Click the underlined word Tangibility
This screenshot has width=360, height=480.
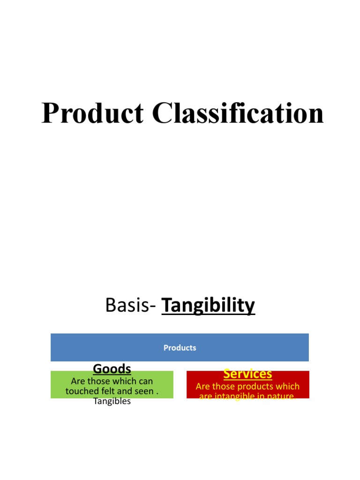click(208, 306)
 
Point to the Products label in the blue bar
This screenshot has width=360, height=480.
click(180, 348)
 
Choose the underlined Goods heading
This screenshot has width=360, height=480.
click(112, 368)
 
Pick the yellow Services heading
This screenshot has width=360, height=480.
click(247, 374)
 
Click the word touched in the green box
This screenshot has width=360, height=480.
click(81, 391)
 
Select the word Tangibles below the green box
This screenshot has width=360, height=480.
click(112, 401)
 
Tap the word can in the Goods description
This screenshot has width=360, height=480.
click(145, 382)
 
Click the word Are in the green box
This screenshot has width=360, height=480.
click(78, 382)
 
